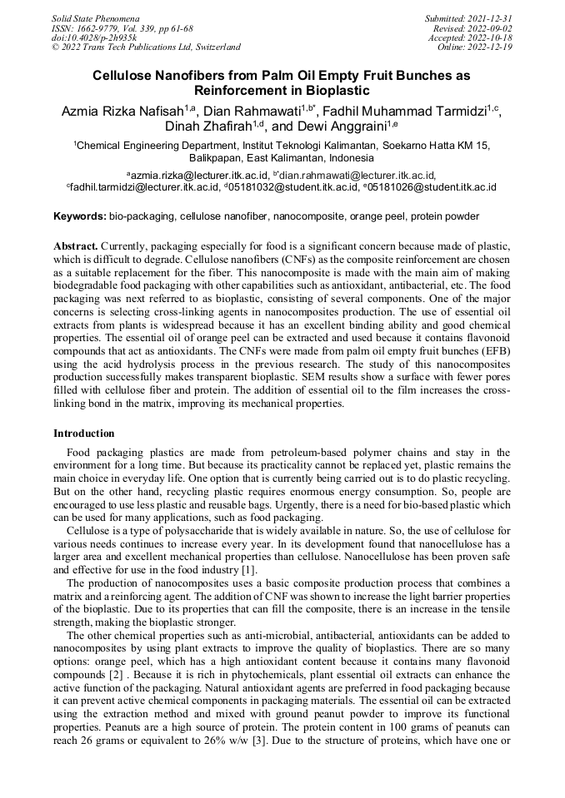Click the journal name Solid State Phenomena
[95, 18]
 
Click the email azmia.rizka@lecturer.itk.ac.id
[198, 176]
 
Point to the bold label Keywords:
[80, 216]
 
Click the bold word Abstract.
[76, 247]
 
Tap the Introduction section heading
[84, 434]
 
